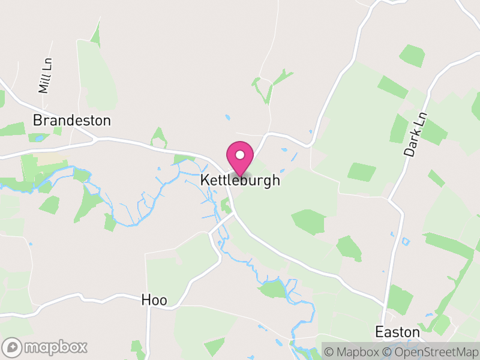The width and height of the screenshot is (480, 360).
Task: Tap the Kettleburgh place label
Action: pyautogui.click(x=240, y=180)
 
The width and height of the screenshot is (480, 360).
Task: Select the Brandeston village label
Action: pyautogui.click(x=72, y=121)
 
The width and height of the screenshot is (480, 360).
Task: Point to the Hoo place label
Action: pyautogui.click(x=154, y=299)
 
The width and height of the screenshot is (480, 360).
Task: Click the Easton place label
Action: pyautogui.click(x=397, y=332)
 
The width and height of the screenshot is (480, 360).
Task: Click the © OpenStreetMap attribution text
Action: pyautogui.click(x=429, y=351)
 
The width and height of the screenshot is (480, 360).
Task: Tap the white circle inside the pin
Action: pyautogui.click(x=240, y=155)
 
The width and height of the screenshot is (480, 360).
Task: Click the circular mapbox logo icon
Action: pyautogui.click(x=13, y=347)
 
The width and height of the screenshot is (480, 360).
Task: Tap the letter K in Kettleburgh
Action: pyautogui.click(x=205, y=180)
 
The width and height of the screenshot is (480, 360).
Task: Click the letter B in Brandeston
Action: pyautogui.click(x=37, y=121)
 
